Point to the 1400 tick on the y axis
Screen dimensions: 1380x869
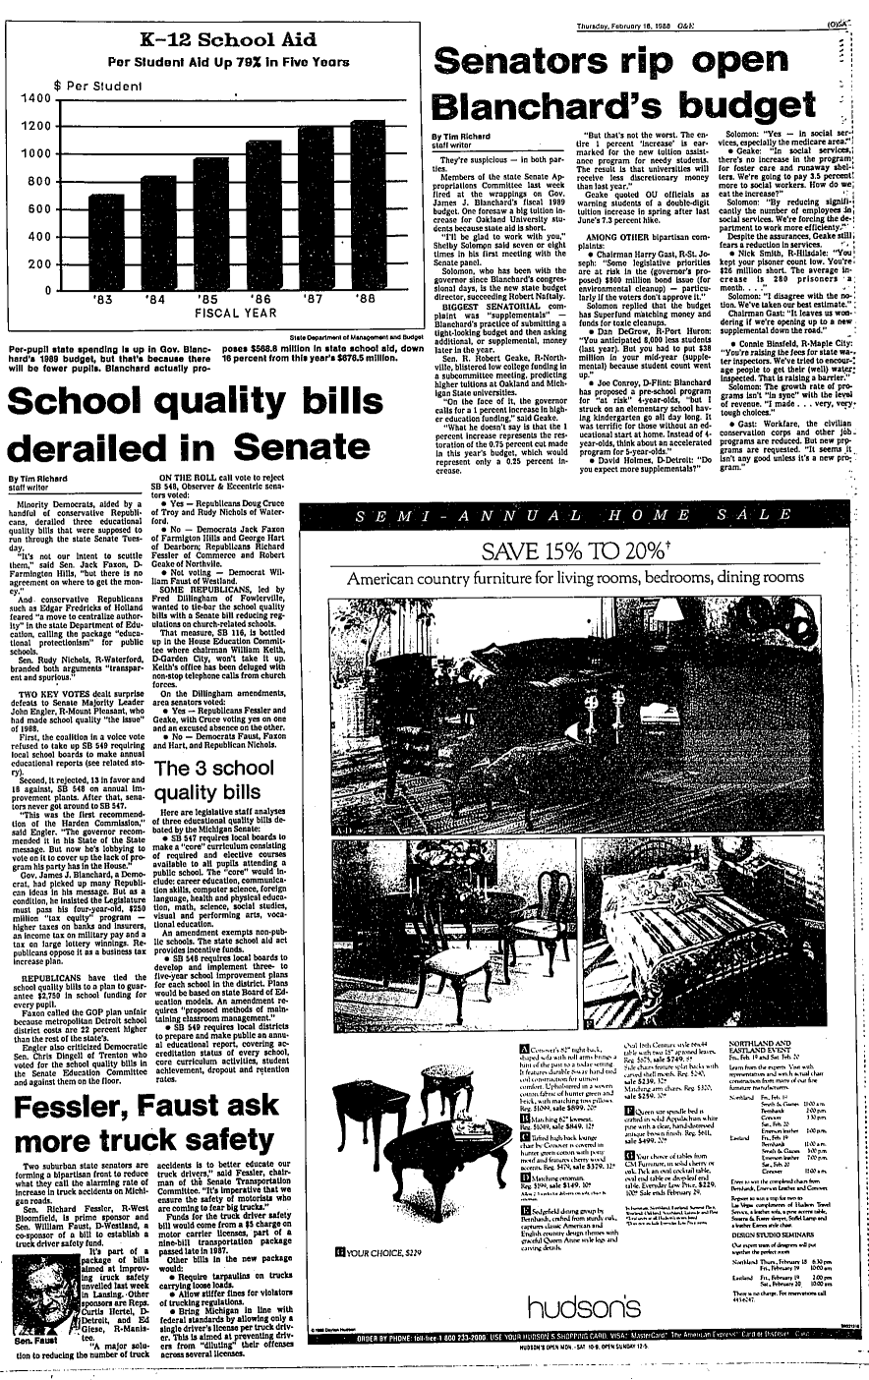32,98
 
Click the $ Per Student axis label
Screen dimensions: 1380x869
98,86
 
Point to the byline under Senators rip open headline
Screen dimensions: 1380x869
459,140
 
